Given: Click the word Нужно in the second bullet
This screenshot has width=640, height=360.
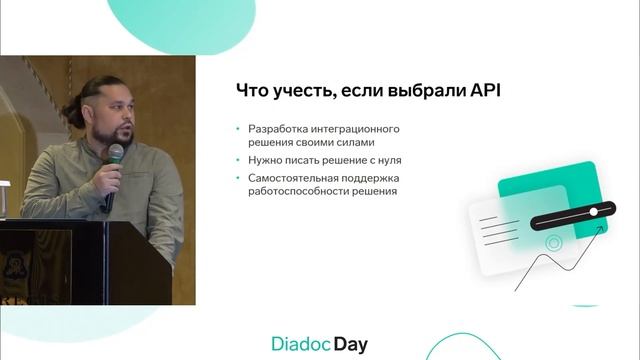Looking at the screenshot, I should tap(265, 160).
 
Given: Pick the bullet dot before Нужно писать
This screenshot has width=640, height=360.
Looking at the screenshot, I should tap(237, 160).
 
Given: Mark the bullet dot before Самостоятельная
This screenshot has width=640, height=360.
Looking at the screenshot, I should tap(237, 178).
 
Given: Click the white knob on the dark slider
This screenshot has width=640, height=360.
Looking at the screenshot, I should tap(595, 212).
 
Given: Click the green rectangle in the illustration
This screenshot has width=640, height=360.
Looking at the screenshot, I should tap(560, 185).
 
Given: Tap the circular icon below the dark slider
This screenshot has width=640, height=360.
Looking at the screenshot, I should tap(552, 242).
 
